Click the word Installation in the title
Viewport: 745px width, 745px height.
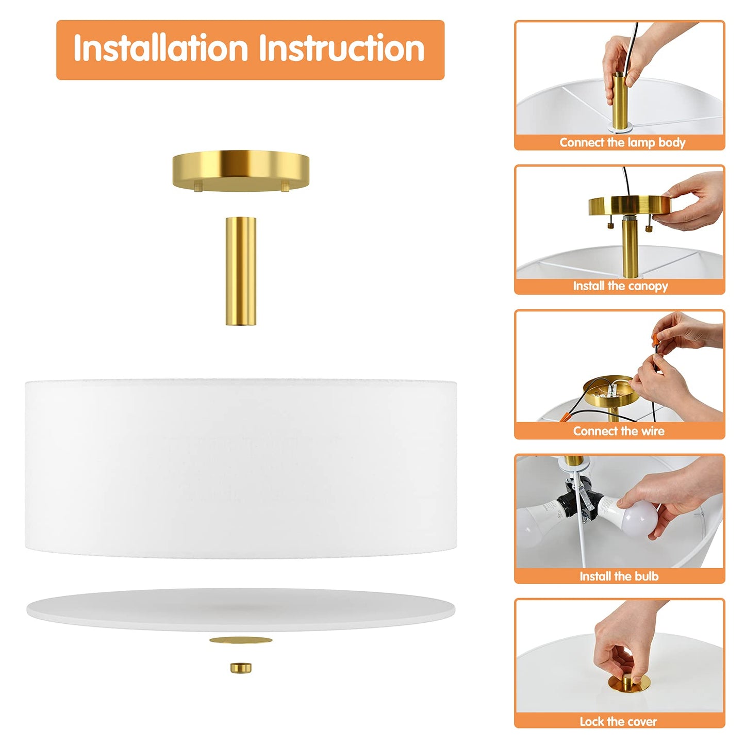(x=160, y=48)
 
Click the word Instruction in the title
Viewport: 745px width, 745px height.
(x=342, y=48)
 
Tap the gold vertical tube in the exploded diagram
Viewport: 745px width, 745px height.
(x=241, y=271)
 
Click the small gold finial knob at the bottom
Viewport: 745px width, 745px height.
(x=241, y=668)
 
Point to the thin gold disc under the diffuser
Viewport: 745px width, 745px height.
(x=241, y=640)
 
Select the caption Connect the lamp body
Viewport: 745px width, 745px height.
(x=622, y=142)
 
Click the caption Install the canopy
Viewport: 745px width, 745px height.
(x=620, y=286)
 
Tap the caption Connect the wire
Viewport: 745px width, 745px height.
(x=619, y=431)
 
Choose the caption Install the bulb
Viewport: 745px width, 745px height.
(x=619, y=576)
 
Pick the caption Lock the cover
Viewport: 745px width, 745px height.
(x=618, y=721)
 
